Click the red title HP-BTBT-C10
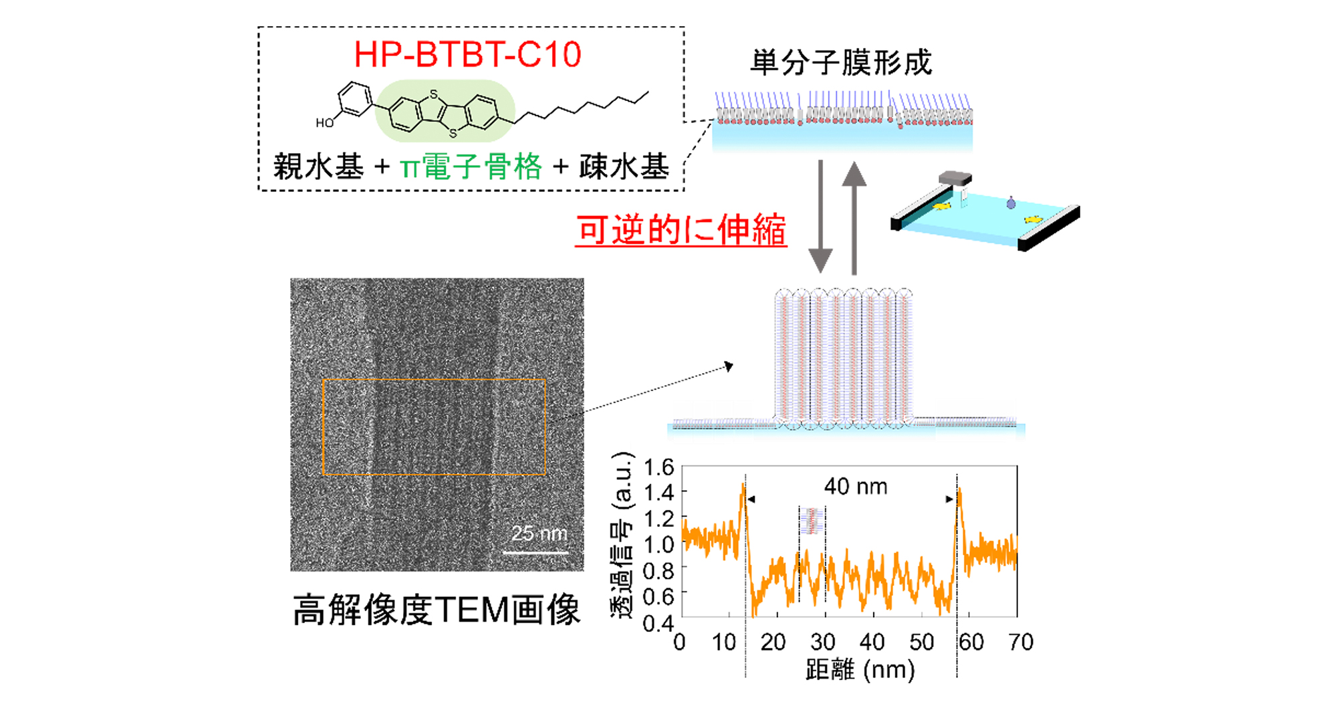(467, 54)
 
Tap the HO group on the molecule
(324, 123)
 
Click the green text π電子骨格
(471, 166)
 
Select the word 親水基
(318, 166)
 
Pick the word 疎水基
(624, 166)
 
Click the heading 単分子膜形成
(841, 63)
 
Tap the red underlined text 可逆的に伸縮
(681, 229)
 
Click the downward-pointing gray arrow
(820, 216)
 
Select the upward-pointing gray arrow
(854, 218)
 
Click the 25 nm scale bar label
(539, 533)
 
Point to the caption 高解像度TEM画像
(437, 610)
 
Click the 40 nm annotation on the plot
(856, 486)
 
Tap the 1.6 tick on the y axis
(658, 467)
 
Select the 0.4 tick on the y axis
(658, 623)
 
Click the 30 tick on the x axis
(823, 642)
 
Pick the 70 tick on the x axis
(1021, 642)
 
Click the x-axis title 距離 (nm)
(860, 669)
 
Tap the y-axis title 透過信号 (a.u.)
(622, 535)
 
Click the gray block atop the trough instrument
(955, 178)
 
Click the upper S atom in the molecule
(434, 95)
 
